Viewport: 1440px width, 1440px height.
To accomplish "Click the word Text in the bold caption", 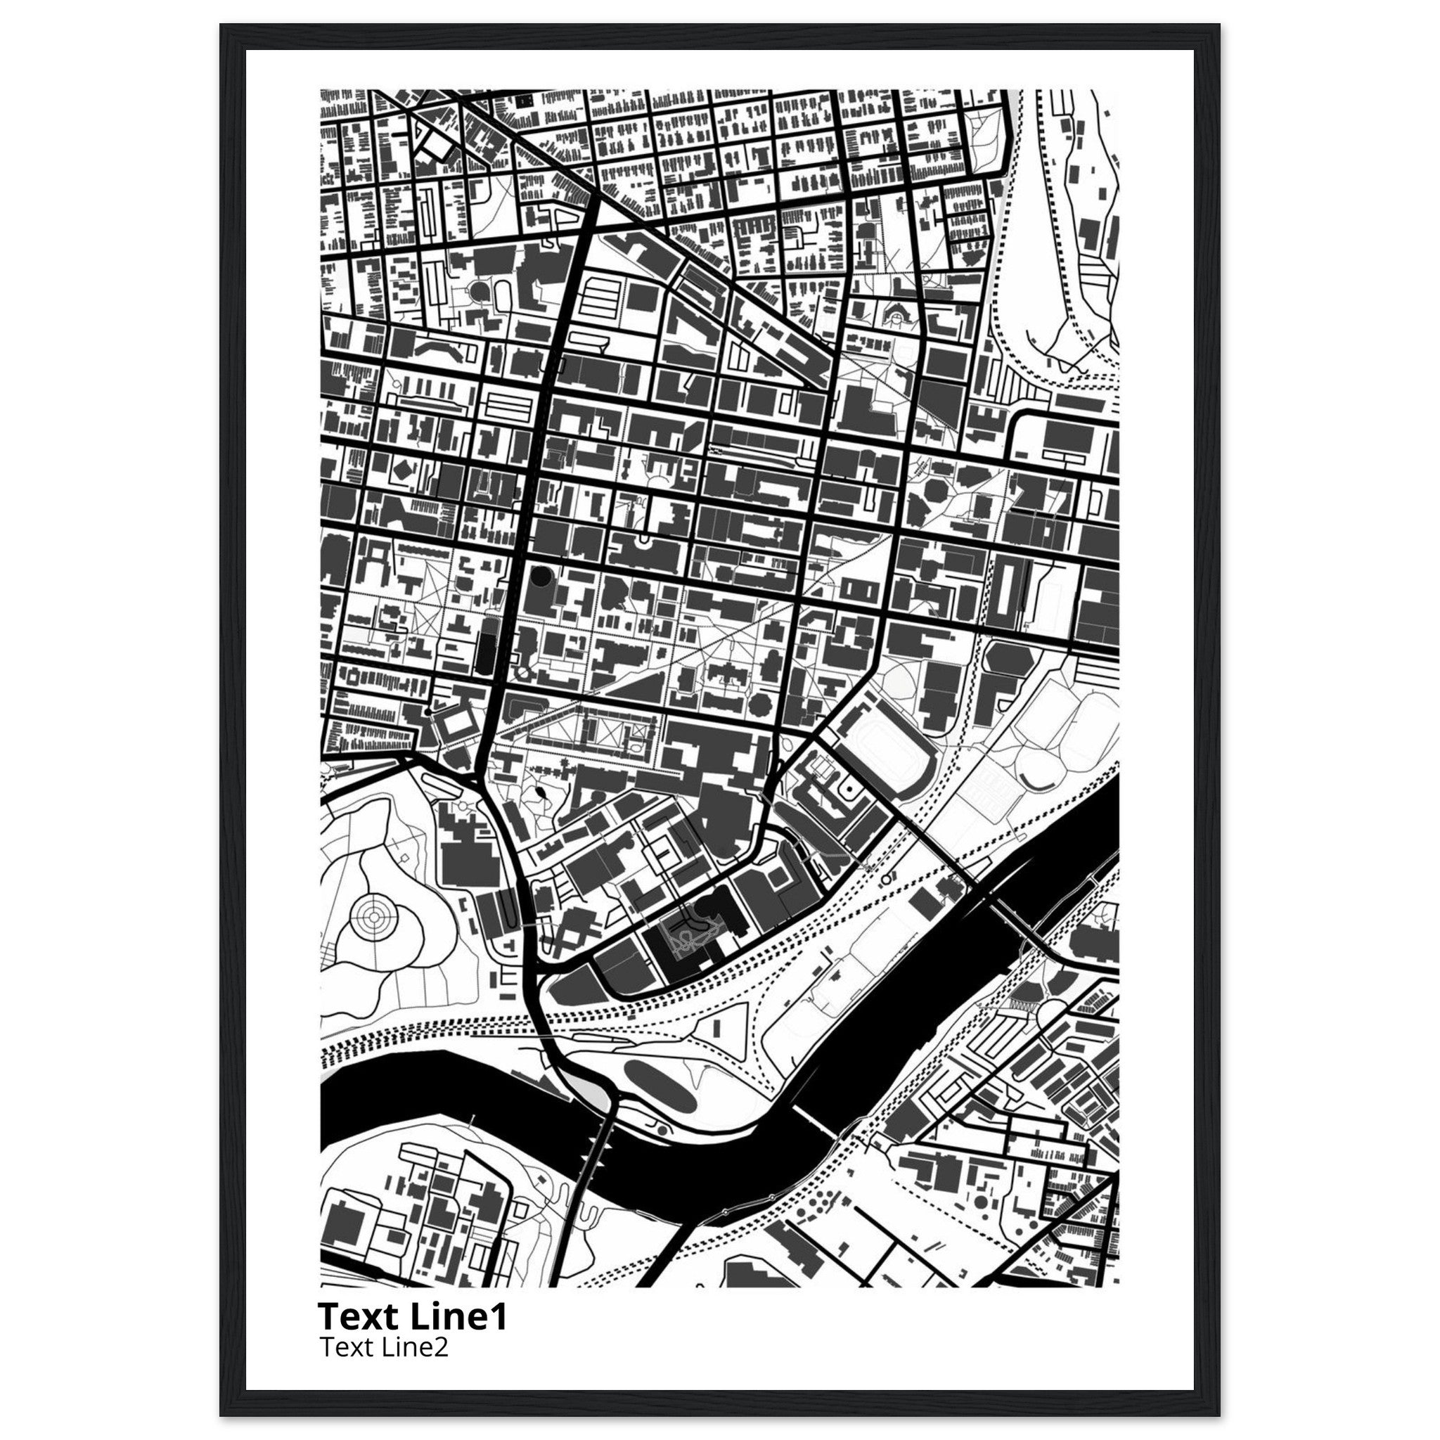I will [x=359, y=1317].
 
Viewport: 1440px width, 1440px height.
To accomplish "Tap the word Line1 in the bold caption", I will [x=458, y=1317].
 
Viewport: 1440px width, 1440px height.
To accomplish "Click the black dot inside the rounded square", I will [x=847, y=787].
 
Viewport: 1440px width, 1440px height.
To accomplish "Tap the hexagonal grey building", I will [x=1009, y=660].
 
